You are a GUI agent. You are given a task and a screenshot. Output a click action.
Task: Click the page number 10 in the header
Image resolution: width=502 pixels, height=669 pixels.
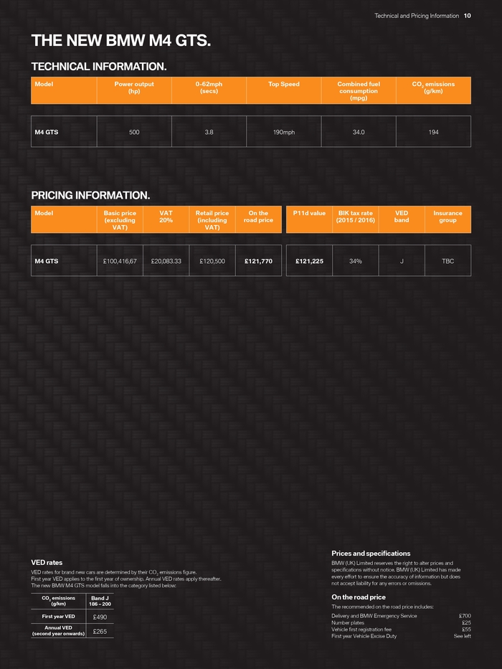467,16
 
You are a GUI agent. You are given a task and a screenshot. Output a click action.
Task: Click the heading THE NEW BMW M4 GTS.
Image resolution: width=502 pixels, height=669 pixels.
120,42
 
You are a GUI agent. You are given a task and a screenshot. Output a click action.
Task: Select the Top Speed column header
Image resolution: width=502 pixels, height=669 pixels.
284,85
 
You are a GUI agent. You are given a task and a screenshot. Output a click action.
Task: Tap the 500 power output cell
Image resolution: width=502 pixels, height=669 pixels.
134,132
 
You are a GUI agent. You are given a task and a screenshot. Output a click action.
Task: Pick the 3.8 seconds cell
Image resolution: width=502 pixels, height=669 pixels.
209,132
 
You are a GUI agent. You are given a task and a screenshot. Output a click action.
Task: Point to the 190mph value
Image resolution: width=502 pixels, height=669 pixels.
284,132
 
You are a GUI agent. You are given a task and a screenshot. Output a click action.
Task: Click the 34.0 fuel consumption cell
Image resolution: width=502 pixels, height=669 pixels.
359,132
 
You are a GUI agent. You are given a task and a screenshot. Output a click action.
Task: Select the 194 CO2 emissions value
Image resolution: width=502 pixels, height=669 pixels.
433,132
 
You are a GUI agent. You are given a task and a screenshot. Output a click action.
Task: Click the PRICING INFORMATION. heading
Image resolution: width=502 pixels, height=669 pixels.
90,195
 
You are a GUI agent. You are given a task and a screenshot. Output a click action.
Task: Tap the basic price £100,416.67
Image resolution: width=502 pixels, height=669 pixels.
120,261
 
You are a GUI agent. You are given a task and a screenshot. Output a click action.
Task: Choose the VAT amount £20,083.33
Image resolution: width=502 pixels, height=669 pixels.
166,261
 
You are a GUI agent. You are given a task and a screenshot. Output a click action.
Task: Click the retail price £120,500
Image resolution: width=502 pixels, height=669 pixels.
212,261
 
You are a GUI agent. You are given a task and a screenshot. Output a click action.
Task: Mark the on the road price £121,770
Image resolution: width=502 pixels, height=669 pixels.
258,261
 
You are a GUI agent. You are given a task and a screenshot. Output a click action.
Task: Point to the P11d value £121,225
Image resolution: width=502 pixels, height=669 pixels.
309,261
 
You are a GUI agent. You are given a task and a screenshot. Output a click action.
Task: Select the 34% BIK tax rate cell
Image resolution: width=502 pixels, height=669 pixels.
355,261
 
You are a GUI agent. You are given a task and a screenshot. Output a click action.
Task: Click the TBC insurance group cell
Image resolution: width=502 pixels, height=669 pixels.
447,261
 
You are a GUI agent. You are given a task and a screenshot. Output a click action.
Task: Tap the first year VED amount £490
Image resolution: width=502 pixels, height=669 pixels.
100,617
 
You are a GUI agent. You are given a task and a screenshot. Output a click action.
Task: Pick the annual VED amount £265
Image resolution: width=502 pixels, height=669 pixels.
100,632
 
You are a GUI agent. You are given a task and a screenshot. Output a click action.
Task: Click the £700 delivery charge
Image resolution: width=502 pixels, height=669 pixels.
465,616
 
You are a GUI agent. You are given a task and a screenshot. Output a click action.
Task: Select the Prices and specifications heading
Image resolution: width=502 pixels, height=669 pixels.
371,554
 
